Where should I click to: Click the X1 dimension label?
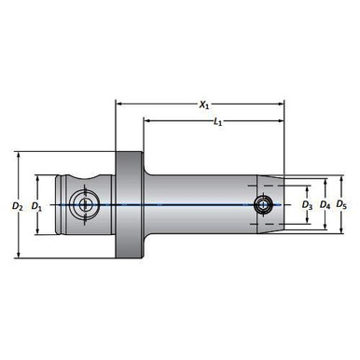[203, 105]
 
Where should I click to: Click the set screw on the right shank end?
[264, 204]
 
